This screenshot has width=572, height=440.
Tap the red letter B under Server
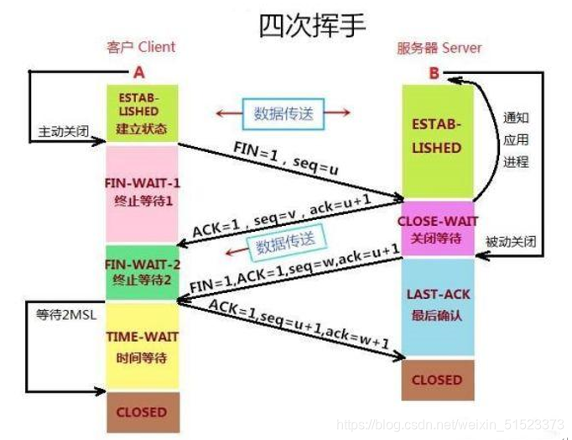click(434, 73)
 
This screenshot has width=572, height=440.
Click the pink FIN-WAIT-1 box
click(142, 194)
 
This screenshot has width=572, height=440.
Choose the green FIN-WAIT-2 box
click(142, 272)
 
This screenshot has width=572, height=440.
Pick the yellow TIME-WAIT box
click(142, 345)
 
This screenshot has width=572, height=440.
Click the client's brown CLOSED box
click(142, 411)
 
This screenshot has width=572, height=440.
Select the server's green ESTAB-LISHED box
click(436, 139)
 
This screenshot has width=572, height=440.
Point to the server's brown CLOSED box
click(436, 380)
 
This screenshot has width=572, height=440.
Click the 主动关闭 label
click(62, 133)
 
